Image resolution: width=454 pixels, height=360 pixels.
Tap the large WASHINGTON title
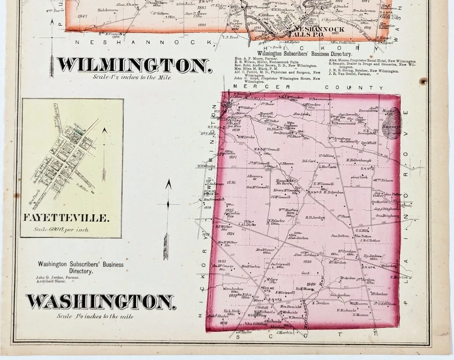pyautogui.click(x=101, y=301)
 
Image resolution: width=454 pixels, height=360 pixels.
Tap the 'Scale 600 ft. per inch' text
pyautogui.click(x=61, y=229)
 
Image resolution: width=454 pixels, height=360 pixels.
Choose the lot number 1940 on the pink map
pyautogui.click(x=310, y=284)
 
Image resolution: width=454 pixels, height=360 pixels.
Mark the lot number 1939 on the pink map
pyautogui.click(x=307, y=261)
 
